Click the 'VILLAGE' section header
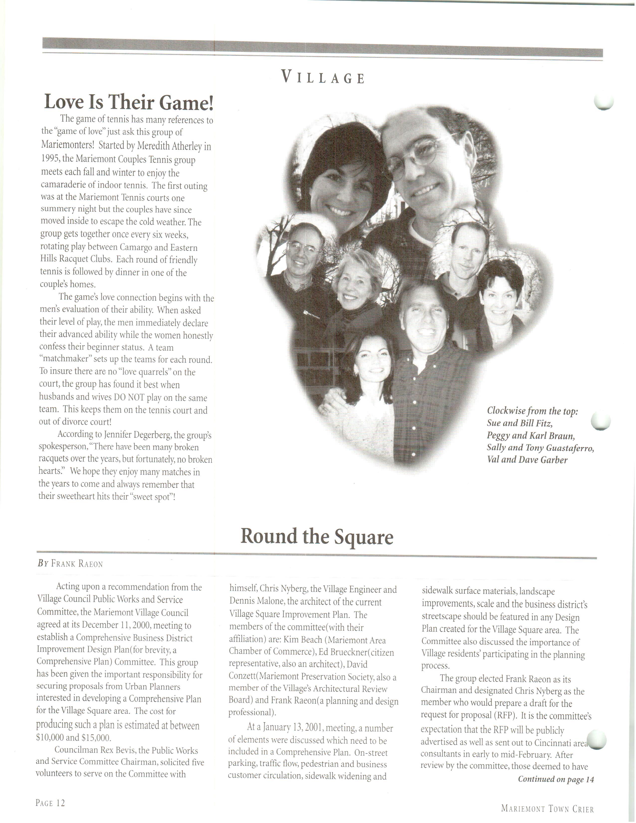tap(323, 78)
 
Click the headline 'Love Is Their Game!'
tap(129, 102)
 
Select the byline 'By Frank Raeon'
tap(70, 564)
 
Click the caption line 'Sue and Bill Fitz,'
tap(520, 423)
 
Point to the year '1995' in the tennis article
tap(49, 159)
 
